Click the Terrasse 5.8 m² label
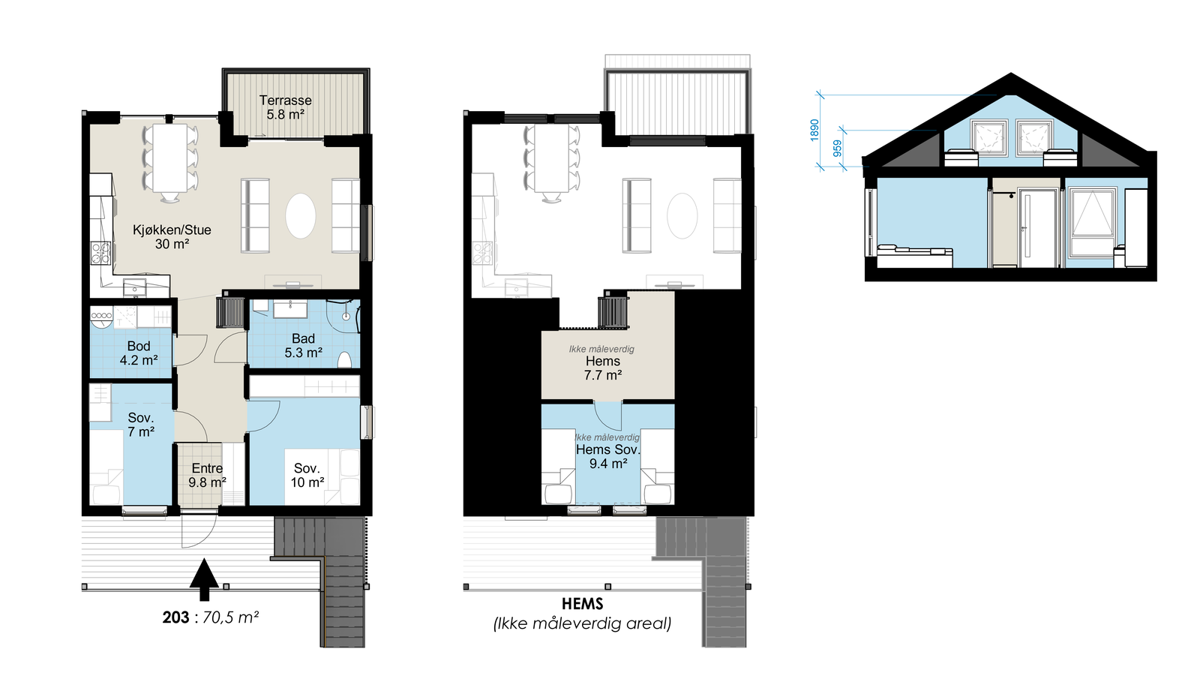pos(285,107)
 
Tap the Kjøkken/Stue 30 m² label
pos(172,236)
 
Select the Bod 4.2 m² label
pos(139,353)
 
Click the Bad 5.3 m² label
pos(303,346)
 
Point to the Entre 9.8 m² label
pos(207,475)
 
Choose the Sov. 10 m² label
pos(307,475)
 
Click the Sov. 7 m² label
pos(140,425)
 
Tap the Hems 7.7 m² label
pos(603,368)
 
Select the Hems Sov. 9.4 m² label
pos(607,456)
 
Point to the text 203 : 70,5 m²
pos(211,617)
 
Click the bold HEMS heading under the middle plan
pos(582,604)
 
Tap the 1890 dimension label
pos(814,130)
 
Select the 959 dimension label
pos(838,148)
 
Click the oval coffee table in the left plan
pos(301,216)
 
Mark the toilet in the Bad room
pos(345,359)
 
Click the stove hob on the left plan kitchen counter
pos(100,253)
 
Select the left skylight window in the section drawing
pos(989,138)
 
